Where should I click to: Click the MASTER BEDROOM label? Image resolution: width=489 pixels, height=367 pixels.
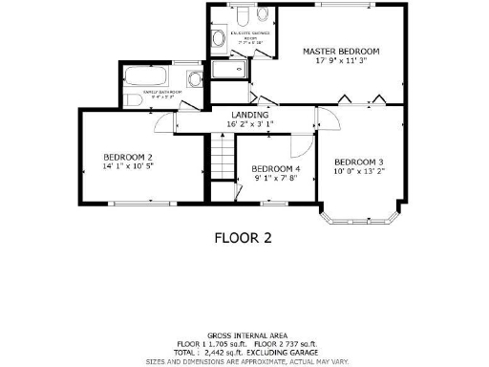click(341, 51)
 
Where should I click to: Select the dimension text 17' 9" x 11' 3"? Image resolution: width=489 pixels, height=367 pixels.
click(341, 61)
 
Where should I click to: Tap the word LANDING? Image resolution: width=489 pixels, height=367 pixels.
click(249, 115)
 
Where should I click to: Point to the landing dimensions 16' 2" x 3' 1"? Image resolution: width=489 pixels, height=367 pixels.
click(249, 124)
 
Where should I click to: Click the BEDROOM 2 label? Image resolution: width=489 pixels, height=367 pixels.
click(129, 157)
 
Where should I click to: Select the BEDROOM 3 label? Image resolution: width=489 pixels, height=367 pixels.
click(359, 162)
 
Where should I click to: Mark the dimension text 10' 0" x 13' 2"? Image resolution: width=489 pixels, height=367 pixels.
click(359, 172)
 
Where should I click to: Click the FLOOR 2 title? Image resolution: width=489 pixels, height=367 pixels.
click(244, 239)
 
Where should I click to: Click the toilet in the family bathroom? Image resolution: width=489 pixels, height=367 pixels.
click(133, 97)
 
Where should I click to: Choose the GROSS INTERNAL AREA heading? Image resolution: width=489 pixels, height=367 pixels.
click(245, 335)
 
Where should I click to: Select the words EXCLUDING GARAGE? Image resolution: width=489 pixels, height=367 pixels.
click(287, 352)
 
